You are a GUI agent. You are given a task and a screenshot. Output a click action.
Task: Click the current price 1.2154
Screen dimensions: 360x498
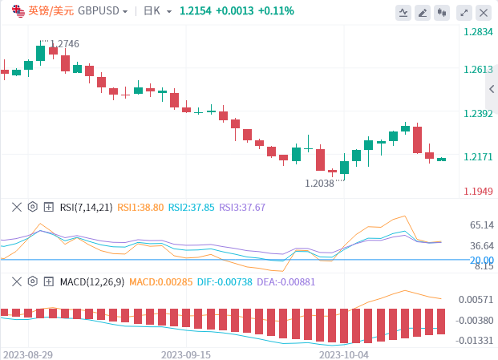196,11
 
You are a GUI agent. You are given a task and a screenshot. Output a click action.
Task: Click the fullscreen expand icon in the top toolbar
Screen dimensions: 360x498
463,13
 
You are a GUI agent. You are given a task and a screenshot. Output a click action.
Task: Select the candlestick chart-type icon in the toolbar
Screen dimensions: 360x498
443,13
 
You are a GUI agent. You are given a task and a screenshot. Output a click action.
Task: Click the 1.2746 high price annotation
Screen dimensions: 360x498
64,45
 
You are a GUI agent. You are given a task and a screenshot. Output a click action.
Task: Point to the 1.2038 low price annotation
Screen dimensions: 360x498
319,184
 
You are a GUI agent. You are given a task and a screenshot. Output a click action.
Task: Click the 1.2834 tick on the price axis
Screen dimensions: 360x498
478,32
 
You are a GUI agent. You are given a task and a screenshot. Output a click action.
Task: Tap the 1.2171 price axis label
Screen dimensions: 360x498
478,157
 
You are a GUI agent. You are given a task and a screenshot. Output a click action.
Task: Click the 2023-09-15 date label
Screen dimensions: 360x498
186,354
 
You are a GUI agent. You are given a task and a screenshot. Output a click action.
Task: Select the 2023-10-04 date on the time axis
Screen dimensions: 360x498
344,354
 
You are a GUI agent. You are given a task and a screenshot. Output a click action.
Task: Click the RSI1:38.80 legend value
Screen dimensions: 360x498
140,207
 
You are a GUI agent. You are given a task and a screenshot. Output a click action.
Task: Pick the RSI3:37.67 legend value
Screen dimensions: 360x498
242,207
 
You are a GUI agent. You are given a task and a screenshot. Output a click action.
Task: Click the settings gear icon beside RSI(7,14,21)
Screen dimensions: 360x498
32,207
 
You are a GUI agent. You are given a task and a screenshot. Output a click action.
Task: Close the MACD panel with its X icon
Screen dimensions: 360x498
16,281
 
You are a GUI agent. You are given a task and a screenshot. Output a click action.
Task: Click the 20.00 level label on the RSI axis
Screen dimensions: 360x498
482,260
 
